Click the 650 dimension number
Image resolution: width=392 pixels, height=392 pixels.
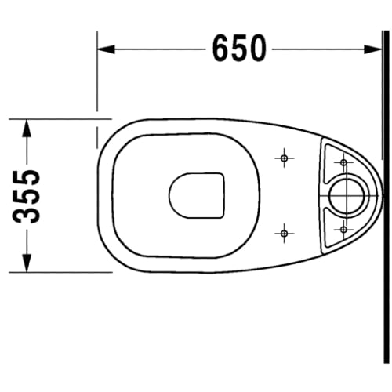(239, 50)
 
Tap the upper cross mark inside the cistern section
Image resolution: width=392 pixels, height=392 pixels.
(343, 162)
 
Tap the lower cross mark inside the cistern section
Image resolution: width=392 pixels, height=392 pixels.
(343, 228)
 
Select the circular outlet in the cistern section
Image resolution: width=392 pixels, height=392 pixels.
(344, 195)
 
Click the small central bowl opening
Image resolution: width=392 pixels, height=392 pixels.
(196, 194)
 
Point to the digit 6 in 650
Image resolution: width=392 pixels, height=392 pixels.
(221, 50)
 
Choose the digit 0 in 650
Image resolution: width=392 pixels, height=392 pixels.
(258, 50)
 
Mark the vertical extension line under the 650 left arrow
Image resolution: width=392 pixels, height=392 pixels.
(96, 78)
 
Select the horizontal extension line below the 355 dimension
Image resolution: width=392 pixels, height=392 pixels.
(63, 272)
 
